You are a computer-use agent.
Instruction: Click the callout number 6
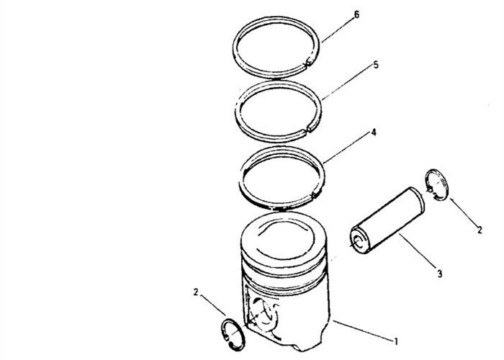[356, 15]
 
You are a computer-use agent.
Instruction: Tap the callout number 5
[376, 65]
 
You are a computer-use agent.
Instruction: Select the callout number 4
[373, 132]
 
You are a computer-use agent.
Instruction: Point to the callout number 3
[440, 274]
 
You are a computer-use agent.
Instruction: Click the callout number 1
[396, 341]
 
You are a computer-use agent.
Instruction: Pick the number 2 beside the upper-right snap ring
[480, 230]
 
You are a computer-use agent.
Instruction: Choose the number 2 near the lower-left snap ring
[196, 292]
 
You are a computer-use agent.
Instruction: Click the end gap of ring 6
[307, 63]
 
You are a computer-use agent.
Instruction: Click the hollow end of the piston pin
[359, 241]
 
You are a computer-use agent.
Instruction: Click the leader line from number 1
[363, 330]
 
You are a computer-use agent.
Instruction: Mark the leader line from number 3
[417, 251]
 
